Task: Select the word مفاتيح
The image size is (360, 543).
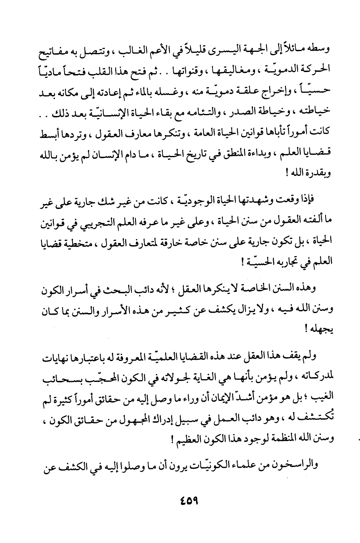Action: tap(61, 51)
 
